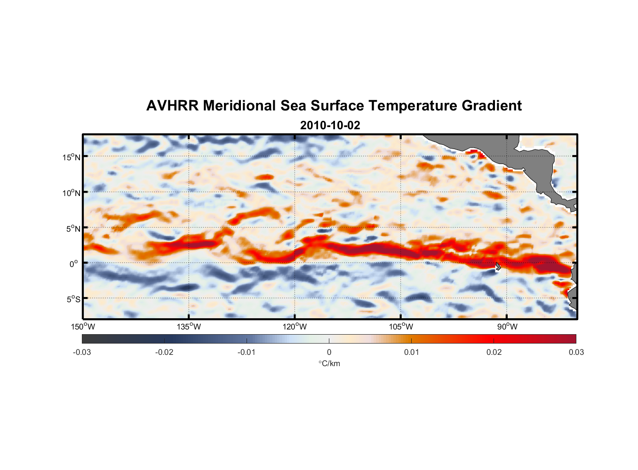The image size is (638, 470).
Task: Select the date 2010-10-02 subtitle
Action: tap(330, 125)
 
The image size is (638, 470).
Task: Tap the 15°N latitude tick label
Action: tap(71, 157)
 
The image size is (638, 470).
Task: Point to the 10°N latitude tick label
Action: tap(71, 193)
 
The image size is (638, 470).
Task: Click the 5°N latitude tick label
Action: tap(73, 228)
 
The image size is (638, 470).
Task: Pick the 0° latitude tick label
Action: tap(74, 264)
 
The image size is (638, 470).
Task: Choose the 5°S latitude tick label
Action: tap(73, 299)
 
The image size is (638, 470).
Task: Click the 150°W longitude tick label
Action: tap(83, 327)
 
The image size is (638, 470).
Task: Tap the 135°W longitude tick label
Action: tap(189, 327)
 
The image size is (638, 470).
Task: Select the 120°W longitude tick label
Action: tap(295, 327)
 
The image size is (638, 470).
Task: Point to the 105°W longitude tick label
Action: tap(401, 327)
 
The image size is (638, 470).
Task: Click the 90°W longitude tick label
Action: tap(507, 327)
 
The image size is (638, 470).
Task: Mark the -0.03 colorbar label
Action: tap(82, 352)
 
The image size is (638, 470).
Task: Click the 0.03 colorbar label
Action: tap(576, 352)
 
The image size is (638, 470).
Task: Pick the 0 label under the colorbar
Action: tap(329, 352)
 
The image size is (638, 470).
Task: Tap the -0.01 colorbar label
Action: tap(247, 352)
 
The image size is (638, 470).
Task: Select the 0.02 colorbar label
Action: tap(494, 352)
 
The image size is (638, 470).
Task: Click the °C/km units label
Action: tap(329, 364)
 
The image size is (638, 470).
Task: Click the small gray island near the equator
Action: tap(498, 266)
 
